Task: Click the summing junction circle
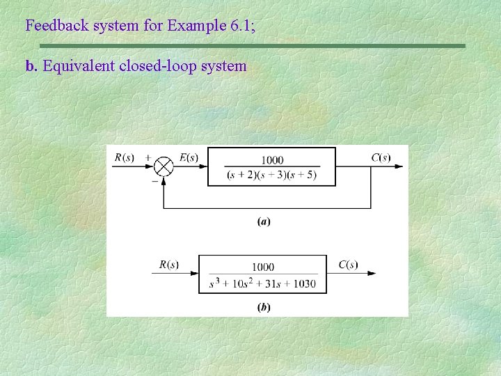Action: [164, 167]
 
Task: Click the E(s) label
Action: [189, 158]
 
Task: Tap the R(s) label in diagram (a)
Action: [125, 157]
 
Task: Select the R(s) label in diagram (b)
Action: [169, 265]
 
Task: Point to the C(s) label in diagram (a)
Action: [381, 157]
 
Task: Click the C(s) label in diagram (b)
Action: [348, 265]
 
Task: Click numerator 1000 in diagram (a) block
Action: [272, 161]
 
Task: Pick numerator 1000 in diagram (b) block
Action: [263, 267]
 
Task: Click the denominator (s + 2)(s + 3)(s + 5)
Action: [272, 175]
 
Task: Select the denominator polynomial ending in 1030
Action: [263, 283]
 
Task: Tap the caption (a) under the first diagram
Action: [264, 222]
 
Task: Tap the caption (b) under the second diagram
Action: [264, 306]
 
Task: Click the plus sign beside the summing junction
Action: [148, 158]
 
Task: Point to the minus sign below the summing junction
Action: [154, 180]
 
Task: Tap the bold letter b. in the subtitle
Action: [31, 66]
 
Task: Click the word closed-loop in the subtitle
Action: [157, 66]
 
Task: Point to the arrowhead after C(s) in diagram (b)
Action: [372, 274]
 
